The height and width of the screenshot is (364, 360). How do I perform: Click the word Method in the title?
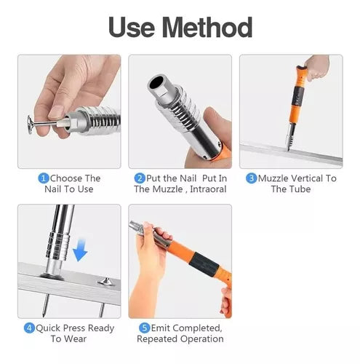click(x=207, y=27)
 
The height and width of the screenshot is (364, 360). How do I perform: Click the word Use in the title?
click(x=132, y=27)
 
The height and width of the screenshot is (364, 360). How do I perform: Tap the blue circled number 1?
click(x=44, y=178)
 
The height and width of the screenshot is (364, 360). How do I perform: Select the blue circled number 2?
click(x=140, y=178)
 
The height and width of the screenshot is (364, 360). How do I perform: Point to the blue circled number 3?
click(x=252, y=178)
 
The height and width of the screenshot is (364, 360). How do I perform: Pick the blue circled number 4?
click(x=29, y=328)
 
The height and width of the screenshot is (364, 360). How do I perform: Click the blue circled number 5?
click(x=145, y=328)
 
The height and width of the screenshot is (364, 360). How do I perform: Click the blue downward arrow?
click(x=80, y=250)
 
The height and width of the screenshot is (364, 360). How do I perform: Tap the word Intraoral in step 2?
click(x=208, y=189)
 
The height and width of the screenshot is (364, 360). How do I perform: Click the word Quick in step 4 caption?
click(x=48, y=328)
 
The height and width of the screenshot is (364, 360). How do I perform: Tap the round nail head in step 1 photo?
click(x=31, y=124)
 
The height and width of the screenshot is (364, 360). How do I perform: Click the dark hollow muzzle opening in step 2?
click(x=157, y=83)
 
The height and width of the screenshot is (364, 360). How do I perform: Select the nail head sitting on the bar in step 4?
click(x=106, y=282)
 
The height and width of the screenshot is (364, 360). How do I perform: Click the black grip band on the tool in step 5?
click(x=206, y=264)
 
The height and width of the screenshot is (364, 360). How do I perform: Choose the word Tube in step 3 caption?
click(x=300, y=189)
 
